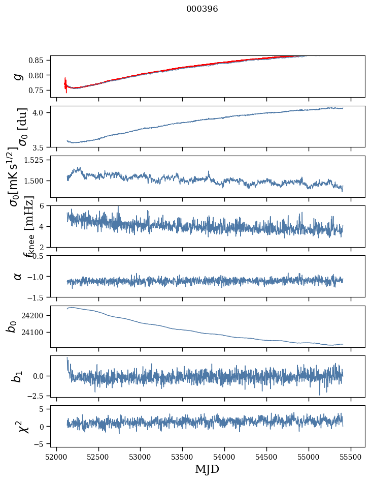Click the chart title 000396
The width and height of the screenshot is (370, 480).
click(202, 9)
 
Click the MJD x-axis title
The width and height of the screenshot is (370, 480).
click(207, 469)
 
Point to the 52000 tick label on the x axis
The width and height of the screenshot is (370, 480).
click(56, 457)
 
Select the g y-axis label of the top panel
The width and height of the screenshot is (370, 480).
click(18, 76)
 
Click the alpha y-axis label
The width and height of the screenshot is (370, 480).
click(18, 276)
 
